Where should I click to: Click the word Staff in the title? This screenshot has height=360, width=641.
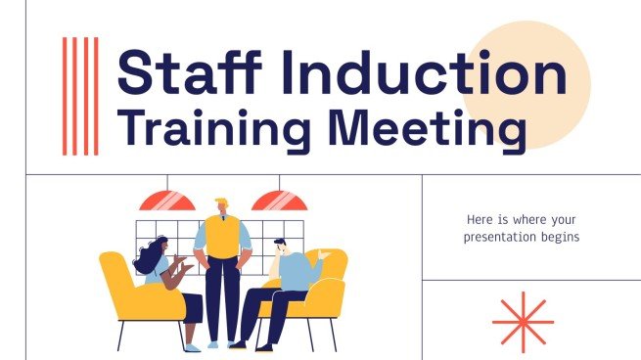pyautogui.click(x=182, y=73)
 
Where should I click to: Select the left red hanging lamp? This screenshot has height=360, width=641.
pyautogui.click(x=166, y=202)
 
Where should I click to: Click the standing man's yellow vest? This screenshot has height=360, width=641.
pyautogui.click(x=222, y=239)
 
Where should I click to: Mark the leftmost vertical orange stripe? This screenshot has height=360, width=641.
pyautogui.click(x=65, y=96)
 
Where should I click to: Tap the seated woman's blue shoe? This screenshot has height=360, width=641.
pyautogui.click(x=192, y=346)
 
